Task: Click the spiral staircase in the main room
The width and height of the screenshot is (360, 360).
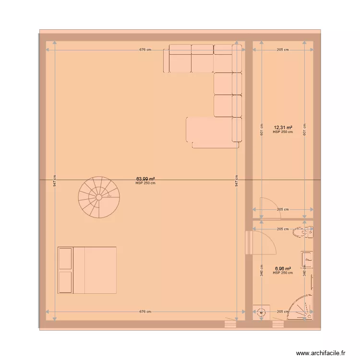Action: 99,197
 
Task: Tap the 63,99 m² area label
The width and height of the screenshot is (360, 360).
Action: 145,179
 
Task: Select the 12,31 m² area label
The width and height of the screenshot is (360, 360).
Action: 283,128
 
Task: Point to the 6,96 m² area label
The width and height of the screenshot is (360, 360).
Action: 283,269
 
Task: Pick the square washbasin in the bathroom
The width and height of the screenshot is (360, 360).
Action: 307,260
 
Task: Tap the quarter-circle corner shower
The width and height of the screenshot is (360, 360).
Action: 300,308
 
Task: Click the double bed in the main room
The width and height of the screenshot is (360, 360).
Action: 87,270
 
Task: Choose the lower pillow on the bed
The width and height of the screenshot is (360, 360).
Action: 65,282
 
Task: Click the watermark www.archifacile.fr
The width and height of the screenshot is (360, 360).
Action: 321,353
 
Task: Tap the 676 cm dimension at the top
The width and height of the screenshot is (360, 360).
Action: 145,49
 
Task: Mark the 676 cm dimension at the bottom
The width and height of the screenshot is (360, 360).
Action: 145,312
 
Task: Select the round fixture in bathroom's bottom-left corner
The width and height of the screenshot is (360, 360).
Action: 261,312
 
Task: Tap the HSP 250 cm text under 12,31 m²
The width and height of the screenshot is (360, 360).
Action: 283,132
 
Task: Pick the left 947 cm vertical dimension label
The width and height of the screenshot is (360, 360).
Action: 55,180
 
